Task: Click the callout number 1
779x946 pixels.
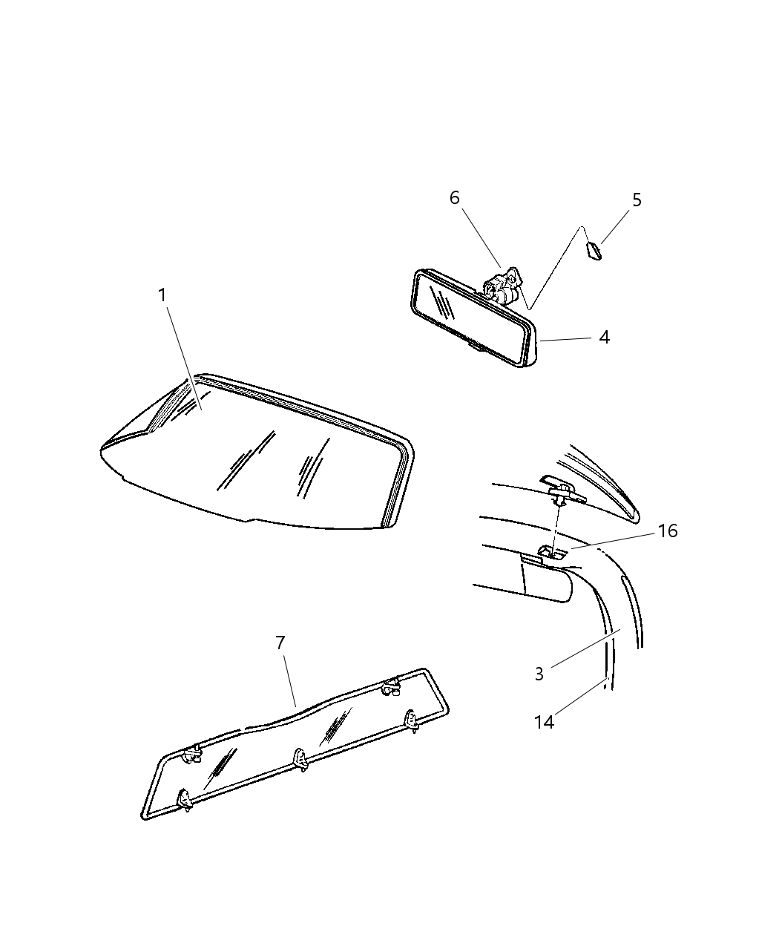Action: pos(162,295)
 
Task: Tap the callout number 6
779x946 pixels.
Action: pos(454,198)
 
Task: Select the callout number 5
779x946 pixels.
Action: pos(637,200)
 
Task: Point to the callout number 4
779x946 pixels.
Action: pos(604,338)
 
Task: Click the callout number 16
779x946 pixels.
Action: pos(668,531)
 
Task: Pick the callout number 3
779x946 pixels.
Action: pos(539,674)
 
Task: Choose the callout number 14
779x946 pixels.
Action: pos(544,721)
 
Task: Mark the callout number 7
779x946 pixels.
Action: pos(280,643)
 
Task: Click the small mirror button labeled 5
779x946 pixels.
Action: pos(594,251)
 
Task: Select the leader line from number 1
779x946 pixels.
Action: pos(182,352)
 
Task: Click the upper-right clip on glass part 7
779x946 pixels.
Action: pos(390,686)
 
